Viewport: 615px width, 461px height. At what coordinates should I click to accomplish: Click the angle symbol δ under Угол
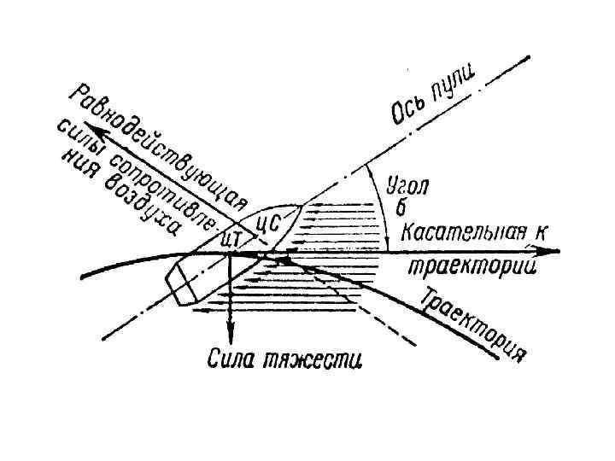(x=399, y=207)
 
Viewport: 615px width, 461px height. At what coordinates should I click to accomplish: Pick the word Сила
(x=231, y=359)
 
